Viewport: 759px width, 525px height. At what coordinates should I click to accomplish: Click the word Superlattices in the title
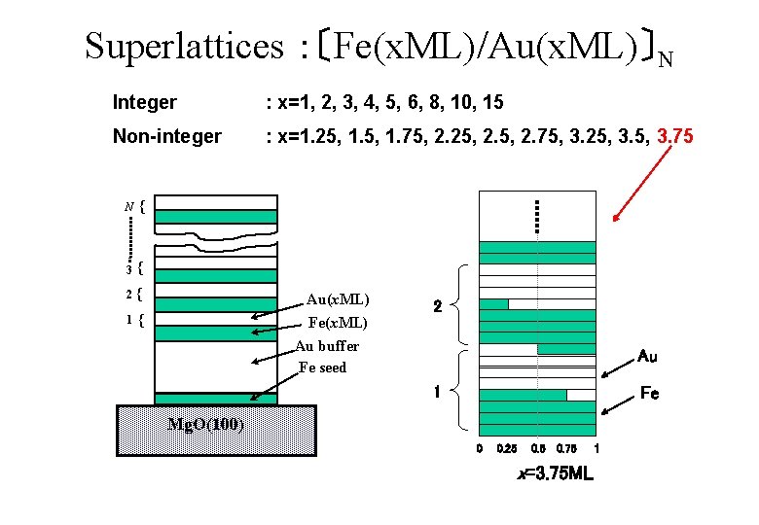[x=179, y=46]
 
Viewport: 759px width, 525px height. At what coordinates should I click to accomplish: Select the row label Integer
[x=145, y=102]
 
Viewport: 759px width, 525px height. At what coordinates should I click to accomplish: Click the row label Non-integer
[x=167, y=137]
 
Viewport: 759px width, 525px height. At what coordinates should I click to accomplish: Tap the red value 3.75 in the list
[x=675, y=137]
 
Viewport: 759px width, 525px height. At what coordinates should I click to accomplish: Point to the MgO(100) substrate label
[x=205, y=424]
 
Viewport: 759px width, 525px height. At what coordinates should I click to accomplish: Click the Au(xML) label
[x=338, y=299]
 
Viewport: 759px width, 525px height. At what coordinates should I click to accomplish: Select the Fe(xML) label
[x=338, y=323]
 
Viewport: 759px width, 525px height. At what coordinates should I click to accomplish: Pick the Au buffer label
[x=327, y=346]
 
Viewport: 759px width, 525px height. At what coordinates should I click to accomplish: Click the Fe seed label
[x=323, y=367]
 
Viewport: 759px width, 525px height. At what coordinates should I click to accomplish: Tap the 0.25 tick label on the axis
[x=507, y=449]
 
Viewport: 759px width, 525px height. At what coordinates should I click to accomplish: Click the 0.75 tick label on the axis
[x=565, y=449]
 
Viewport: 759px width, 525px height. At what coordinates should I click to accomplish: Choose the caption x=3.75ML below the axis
[x=555, y=474]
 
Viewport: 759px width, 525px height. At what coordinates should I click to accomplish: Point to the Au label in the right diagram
[x=647, y=357]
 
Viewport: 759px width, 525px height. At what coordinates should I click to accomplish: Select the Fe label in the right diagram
[x=649, y=394]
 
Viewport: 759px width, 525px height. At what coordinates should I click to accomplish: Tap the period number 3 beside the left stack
[x=128, y=269]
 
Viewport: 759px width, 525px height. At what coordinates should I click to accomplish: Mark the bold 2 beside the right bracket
[x=438, y=307]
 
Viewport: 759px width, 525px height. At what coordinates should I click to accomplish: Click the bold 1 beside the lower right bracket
[x=438, y=393]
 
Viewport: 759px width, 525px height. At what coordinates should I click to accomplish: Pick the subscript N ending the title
[x=665, y=59]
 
